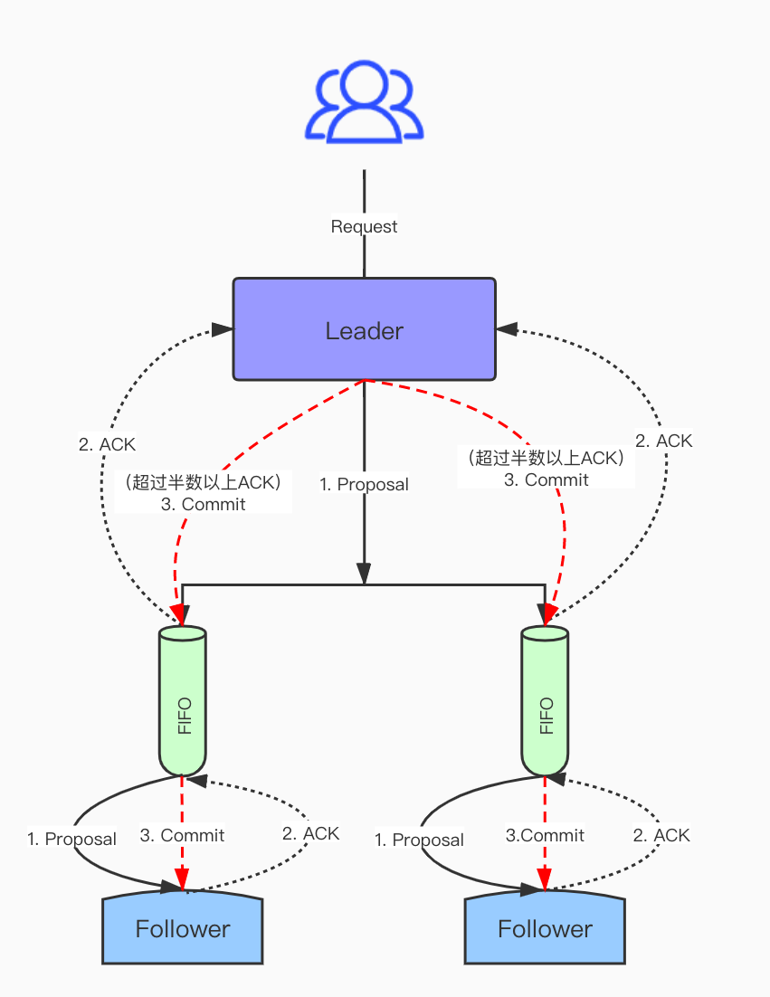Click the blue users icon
point(365,101)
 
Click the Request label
point(365,226)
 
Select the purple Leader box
point(365,329)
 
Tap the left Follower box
point(183,927)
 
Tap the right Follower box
point(545,927)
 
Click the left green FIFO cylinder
point(183,700)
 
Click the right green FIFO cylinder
point(545,700)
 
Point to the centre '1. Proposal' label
point(365,485)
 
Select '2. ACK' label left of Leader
point(107,444)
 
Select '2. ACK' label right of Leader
point(664,442)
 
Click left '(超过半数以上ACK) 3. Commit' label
point(204,493)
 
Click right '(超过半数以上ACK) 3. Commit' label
point(547,468)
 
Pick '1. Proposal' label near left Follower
point(71,840)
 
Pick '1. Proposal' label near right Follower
point(420,840)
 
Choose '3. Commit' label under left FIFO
point(183,835)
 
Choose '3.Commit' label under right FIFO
point(545,835)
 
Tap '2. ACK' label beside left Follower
point(311,833)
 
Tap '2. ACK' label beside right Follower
point(661,835)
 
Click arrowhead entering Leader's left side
point(222,329)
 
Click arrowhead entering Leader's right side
point(507,329)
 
